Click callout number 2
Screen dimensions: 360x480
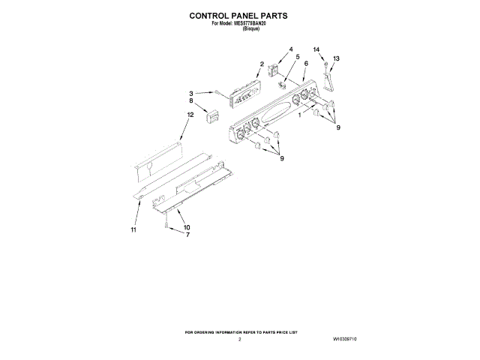click(262, 64)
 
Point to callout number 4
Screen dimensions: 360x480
click(290, 50)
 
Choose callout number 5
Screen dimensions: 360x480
click(296, 58)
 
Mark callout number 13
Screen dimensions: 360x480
click(336, 58)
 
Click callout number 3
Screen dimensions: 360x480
click(191, 93)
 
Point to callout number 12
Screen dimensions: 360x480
click(190, 115)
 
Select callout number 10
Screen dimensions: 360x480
click(187, 227)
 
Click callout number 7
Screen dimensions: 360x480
click(187, 235)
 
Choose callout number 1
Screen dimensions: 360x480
click(301, 115)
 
